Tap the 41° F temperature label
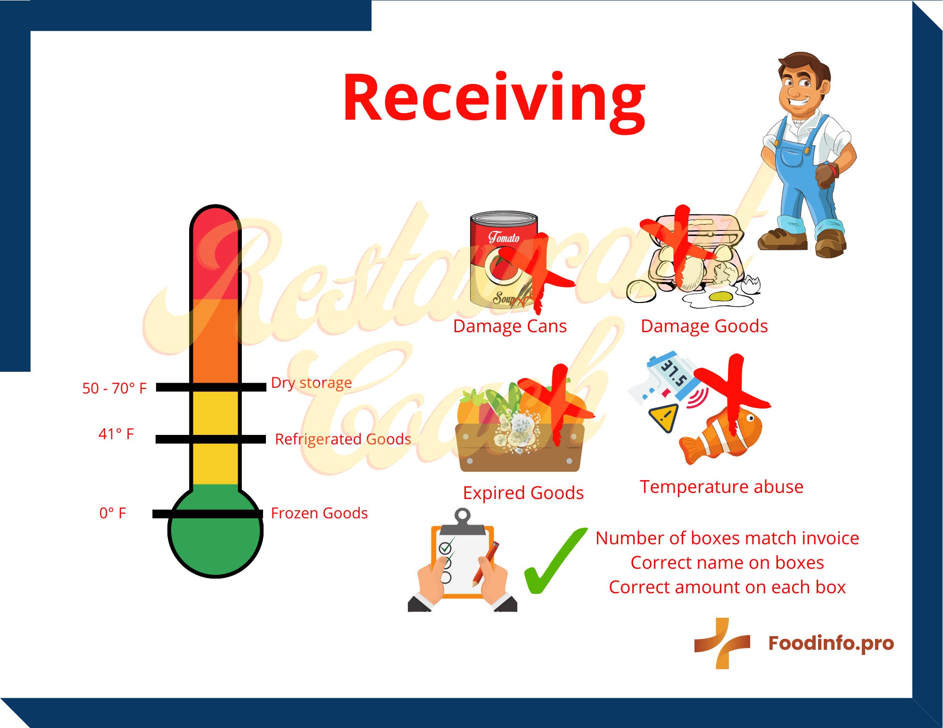coord(116,434)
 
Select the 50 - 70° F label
coord(115,388)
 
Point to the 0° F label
coord(113,513)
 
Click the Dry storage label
coord(311,383)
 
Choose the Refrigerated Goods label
coord(343,439)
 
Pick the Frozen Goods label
coord(319,513)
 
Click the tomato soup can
coord(502,259)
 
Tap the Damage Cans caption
coord(510,326)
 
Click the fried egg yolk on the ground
coord(720,296)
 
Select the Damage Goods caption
coord(704,326)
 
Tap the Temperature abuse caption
coord(721,487)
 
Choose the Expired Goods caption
coord(523,493)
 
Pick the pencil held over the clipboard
coord(486,563)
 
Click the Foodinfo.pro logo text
coord(831,643)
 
